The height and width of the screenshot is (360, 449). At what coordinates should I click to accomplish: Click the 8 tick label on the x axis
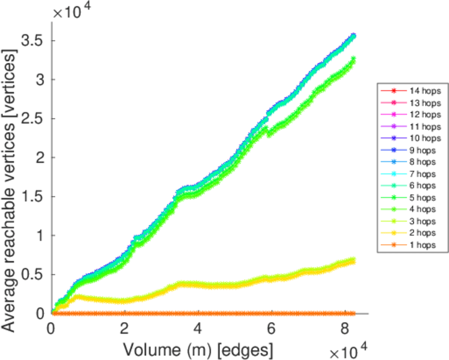pyautogui.click(x=344, y=328)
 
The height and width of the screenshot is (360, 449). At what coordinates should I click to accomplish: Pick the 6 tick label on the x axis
pyautogui.click(x=271, y=328)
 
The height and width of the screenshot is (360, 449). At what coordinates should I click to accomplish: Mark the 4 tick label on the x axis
pyautogui.click(x=198, y=328)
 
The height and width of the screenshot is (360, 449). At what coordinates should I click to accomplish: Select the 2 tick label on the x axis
pyautogui.click(x=124, y=328)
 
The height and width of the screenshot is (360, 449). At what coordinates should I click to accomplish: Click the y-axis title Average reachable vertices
pyautogui.click(x=10, y=180)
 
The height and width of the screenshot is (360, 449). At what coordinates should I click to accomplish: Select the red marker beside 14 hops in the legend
pyautogui.click(x=393, y=90)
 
